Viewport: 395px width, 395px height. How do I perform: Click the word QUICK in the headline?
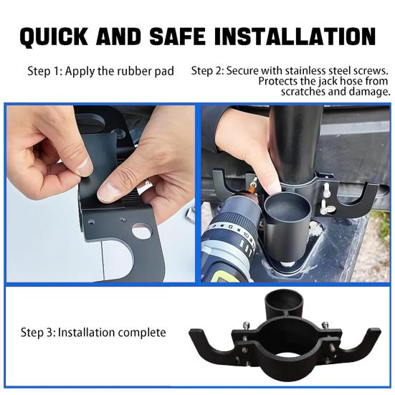(54, 37)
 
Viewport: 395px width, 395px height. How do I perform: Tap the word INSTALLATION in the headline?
(295, 36)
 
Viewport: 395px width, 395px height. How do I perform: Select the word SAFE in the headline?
(177, 36)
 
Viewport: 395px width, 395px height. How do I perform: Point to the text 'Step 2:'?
(207, 71)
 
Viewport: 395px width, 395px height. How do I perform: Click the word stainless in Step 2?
(304, 70)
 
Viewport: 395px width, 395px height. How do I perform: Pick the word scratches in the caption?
(303, 91)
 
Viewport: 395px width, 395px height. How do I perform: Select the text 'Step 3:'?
(38, 333)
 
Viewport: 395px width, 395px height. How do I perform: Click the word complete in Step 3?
(142, 333)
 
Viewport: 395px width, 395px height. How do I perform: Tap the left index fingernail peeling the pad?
(85, 166)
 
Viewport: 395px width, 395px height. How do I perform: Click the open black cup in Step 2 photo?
(287, 227)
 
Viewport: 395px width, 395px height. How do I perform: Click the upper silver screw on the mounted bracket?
(326, 190)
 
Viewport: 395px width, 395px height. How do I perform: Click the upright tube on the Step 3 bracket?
(283, 303)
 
